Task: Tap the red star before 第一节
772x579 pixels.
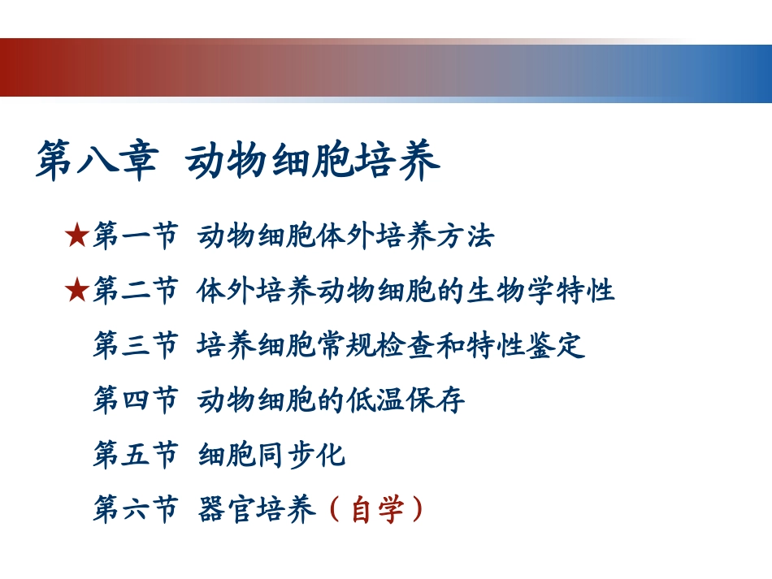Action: pos(76,236)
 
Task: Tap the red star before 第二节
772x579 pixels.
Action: pos(76,290)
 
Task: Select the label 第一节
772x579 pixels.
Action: pos(135,236)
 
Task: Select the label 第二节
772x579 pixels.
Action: pos(135,290)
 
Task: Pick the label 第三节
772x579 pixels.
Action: pos(135,345)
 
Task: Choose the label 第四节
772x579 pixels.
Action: pos(135,400)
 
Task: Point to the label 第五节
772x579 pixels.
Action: pos(135,455)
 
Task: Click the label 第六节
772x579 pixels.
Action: pos(135,510)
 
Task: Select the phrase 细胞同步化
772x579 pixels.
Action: pos(272,455)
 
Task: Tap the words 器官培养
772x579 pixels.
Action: pos(257,510)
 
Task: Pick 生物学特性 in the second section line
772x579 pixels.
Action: pos(541,290)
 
